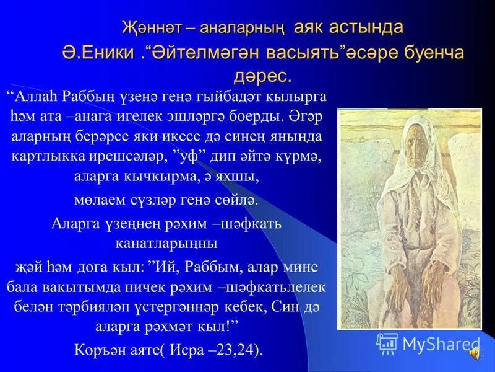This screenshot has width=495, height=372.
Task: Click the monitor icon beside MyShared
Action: coord(387,343)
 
